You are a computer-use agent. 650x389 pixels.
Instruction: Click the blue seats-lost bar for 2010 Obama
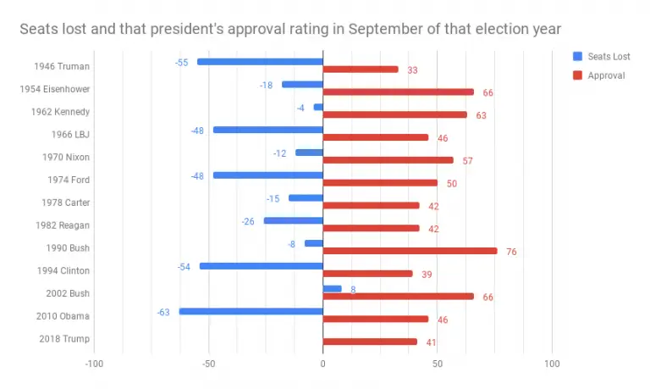click(x=251, y=311)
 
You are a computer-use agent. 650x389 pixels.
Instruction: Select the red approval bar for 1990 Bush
click(x=410, y=251)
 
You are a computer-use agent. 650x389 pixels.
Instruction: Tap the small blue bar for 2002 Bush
click(x=332, y=288)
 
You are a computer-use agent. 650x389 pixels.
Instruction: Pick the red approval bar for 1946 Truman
click(x=361, y=69)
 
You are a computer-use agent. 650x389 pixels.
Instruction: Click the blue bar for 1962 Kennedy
click(x=318, y=107)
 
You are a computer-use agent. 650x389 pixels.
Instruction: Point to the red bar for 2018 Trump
click(x=370, y=342)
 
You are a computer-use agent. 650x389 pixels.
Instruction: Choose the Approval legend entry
click(x=599, y=75)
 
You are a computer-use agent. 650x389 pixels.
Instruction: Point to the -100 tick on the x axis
click(x=94, y=364)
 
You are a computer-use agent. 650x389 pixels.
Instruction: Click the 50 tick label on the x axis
click(x=437, y=364)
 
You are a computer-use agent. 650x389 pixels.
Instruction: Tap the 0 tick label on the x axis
click(x=322, y=364)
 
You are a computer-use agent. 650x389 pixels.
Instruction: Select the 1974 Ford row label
click(x=66, y=180)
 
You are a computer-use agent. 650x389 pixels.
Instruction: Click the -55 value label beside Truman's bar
click(x=181, y=62)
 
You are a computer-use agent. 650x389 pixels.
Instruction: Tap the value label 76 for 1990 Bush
click(x=511, y=252)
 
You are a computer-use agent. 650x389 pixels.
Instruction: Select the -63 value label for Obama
click(x=163, y=312)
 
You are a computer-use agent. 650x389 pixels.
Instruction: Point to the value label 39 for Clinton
click(x=426, y=275)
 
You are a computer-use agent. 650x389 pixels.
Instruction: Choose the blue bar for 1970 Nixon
click(x=309, y=153)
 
